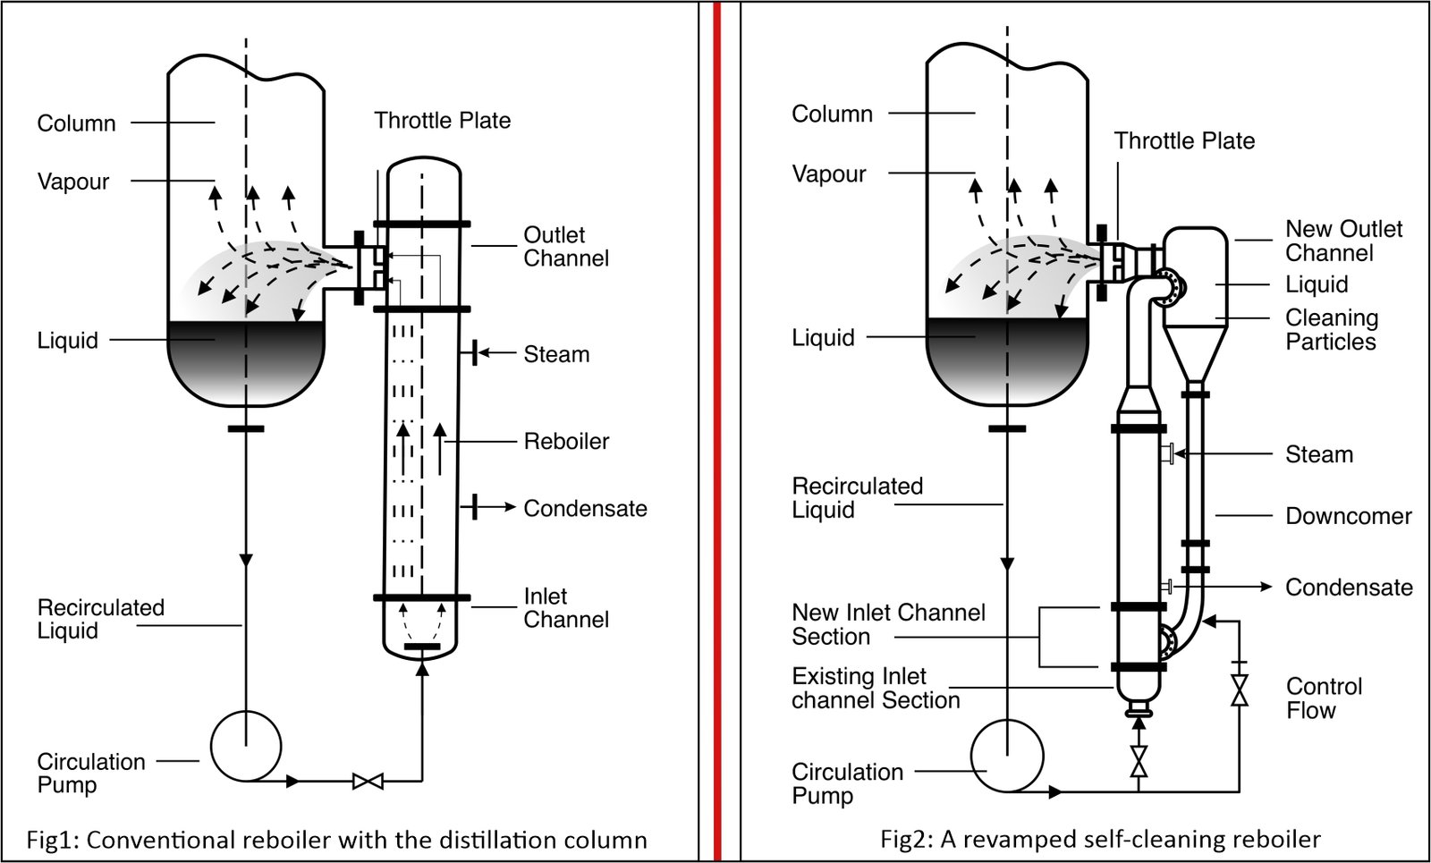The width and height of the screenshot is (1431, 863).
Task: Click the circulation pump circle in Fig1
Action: tap(246, 747)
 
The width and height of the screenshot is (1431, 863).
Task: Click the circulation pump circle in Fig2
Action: tap(1007, 756)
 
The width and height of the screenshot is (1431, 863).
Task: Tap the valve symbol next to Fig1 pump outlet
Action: tap(368, 781)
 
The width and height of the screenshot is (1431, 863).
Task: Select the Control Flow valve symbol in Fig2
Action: tap(1239, 690)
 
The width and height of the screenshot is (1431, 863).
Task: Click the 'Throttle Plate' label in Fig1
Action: tap(442, 121)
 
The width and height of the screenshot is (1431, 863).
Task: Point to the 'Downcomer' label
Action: tap(1348, 516)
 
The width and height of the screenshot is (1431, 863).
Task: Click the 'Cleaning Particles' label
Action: tap(1331, 329)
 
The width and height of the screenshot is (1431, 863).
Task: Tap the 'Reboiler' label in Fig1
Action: tap(566, 441)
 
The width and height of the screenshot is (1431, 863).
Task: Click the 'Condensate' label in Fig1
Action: tap(585, 508)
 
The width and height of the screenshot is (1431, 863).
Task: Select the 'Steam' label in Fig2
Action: tap(1318, 454)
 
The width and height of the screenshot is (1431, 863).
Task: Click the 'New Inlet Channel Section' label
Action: tap(887, 624)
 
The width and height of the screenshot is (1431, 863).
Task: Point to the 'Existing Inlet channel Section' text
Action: tap(875, 688)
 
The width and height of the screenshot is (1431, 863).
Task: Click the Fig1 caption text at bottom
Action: tap(336, 840)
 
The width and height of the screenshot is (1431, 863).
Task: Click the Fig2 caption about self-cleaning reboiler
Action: tap(1100, 839)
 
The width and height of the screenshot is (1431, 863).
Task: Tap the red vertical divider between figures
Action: tap(717, 429)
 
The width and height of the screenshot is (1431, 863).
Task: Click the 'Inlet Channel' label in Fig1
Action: tap(565, 607)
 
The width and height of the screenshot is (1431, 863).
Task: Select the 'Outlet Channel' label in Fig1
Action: tap(565, 246)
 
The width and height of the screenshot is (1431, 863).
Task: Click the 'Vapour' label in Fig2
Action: tap(828, 173)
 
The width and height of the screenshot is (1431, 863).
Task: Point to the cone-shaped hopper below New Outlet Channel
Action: tap(1195, 353)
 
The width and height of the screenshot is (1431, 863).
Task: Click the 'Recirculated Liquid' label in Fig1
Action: tap(100, 619)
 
